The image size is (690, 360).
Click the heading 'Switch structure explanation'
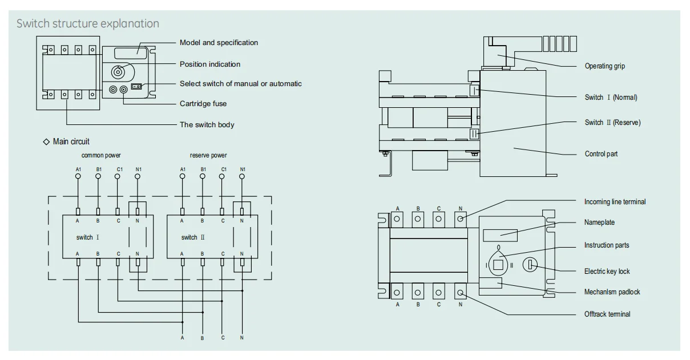pyautogui.click(x=88, y=23)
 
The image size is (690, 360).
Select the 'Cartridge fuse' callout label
pyautogui.click(x=203, y=103)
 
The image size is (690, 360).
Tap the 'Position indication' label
pyautogui.click(x=210, y=64)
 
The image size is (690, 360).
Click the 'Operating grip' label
pyautogui.click(x=604, y=66)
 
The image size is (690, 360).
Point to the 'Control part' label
pyautogui.click(x=601, y=153)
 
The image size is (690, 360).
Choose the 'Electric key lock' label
pyautogui.click(x=607, y=272)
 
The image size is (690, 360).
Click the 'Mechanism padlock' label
pyautogui.click(x=612, y=292)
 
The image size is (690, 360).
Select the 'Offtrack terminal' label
pyautogui.click(x=607, y=314)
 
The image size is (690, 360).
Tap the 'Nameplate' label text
pyautogui.click(x=599, y=223)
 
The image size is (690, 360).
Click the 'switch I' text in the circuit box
pyautogui.click(x=87, y=237)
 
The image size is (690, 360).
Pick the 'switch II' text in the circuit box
pyautogui.click(x=193, y=237)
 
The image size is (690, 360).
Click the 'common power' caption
pyautogui.click(x=101, y=155)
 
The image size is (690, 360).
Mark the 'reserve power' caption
pyautogui.click(x=208, y=155)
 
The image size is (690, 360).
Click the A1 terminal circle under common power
pyautogui.click(x=78, y=176)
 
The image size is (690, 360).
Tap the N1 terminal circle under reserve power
pyautogui.click(x=242, y=176)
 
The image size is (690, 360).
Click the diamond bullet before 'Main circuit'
pyautogui.click(x=46, y=141)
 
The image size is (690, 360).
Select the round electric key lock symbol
pyautogui.click(x=530, y=265)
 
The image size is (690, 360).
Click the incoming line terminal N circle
pyautogui.click(x=460, y=219)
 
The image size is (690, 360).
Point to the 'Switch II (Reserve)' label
pyautogui.click(x=612, y=123)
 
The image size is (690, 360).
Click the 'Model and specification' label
pyautogui.click(x=219, y=42)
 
